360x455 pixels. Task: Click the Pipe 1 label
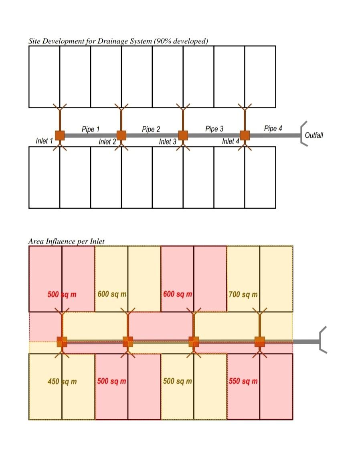tap(91, 129)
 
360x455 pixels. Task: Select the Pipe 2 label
tap(151, 129)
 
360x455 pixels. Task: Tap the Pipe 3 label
tap(214, 129)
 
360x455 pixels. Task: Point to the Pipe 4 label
tap(273, 128)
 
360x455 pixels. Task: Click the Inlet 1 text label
tap(44, 141)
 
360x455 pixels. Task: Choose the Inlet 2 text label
tap(107, 142)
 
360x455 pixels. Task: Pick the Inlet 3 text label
tap(168, 142)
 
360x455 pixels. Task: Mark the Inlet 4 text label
tap(231, 141)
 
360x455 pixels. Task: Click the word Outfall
tap(314, 135)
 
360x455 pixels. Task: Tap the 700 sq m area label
tap(243, 295)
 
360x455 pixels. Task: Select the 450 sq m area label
tap(62, 381)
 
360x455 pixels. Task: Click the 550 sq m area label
tap(243, 381)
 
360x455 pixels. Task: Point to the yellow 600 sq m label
tap(112, 294)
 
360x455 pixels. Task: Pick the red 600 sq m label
tap(178, 294)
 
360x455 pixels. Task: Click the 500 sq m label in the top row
tap(62, 295)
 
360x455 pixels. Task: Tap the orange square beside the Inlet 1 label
tap(60, 135)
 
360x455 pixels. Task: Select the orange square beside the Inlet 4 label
tap(245, 135)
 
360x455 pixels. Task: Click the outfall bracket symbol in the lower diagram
tap(323, 340)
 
